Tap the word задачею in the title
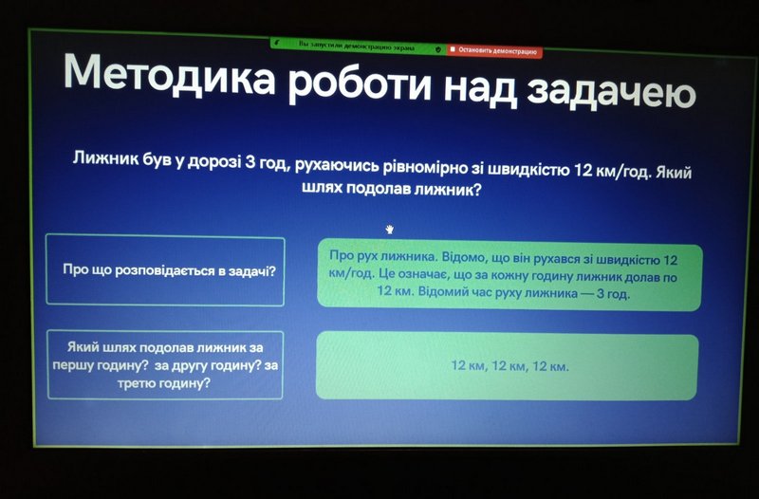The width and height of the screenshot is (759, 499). [611, 92]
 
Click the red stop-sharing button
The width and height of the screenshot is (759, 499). [493, 50]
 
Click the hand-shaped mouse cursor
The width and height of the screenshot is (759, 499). [390, 230]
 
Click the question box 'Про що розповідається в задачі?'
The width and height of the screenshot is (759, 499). [165, 270]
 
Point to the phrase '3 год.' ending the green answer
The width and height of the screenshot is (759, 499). [613, 294]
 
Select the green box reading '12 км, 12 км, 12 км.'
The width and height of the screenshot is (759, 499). [508, 366]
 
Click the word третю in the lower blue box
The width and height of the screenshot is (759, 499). [136, 383]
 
